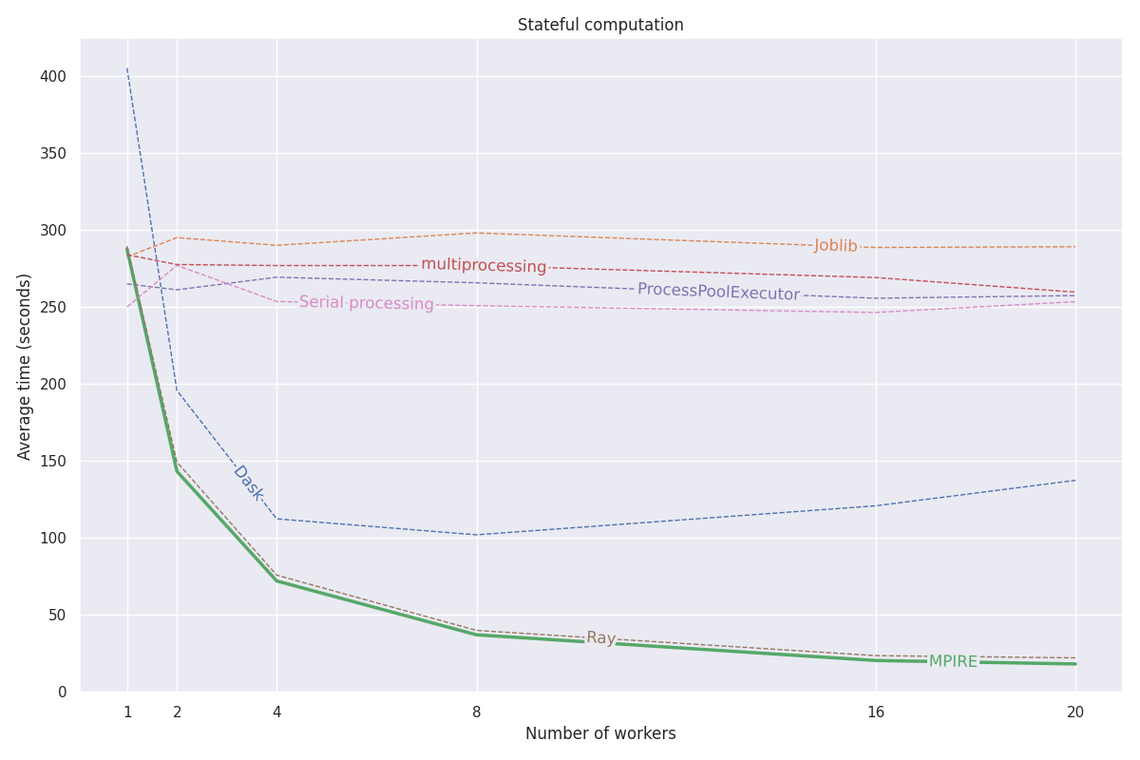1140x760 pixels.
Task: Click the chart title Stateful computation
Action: pyautogui.click(x=600, y=26)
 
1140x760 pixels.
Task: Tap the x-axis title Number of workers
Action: pyautogui.click(x=600, y=733)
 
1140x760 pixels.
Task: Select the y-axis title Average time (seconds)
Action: pyautogui.click(x=25, y=366)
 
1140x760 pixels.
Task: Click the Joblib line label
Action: pyautogui.click(x=835, y=246)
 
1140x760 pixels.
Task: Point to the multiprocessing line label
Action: pyautogui.click(x=484, y=266)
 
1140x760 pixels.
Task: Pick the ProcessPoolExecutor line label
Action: pyautogui.click(x=718, y=292)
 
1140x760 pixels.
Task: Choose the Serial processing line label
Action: pyautogui.click(x=366, y=303)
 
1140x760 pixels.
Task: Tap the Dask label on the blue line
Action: pyautogui.click(x=248, y=483)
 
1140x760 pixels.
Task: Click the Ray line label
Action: pyautogui.click(x=600, y=638)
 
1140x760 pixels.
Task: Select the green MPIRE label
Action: pyautogui.click(x=953, y=661)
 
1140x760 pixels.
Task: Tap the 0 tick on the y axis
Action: pyautogui.click(x=62, y=693)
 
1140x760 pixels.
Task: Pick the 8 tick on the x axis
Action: pyautogui.click(x=477, y=712)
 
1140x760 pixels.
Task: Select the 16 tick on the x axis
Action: pyautogui.click(x=876, y=712)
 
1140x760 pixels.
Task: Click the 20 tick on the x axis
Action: pyautogui.click(x=1075, y=712)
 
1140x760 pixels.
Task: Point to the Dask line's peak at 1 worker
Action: pyautogui.click(x=127, y=68)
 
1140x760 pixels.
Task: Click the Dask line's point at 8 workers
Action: pyautogui.click(x=477, y=534)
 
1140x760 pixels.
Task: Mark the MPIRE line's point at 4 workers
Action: pyautogui.click(x=276, y=580)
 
